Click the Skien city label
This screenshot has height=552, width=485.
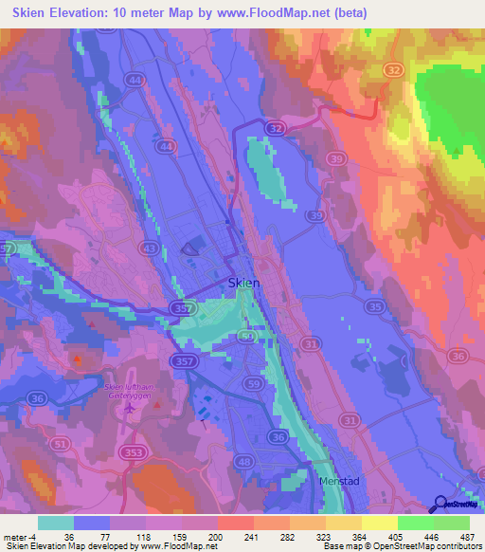click(245, 283)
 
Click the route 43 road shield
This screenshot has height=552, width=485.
click(150, 248)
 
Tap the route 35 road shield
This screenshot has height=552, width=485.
click(376, 306)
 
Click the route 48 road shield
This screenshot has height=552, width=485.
click(242, 462)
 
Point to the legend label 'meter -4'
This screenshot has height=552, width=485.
click(19, 536)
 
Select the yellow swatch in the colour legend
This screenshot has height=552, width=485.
click(379, 523)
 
